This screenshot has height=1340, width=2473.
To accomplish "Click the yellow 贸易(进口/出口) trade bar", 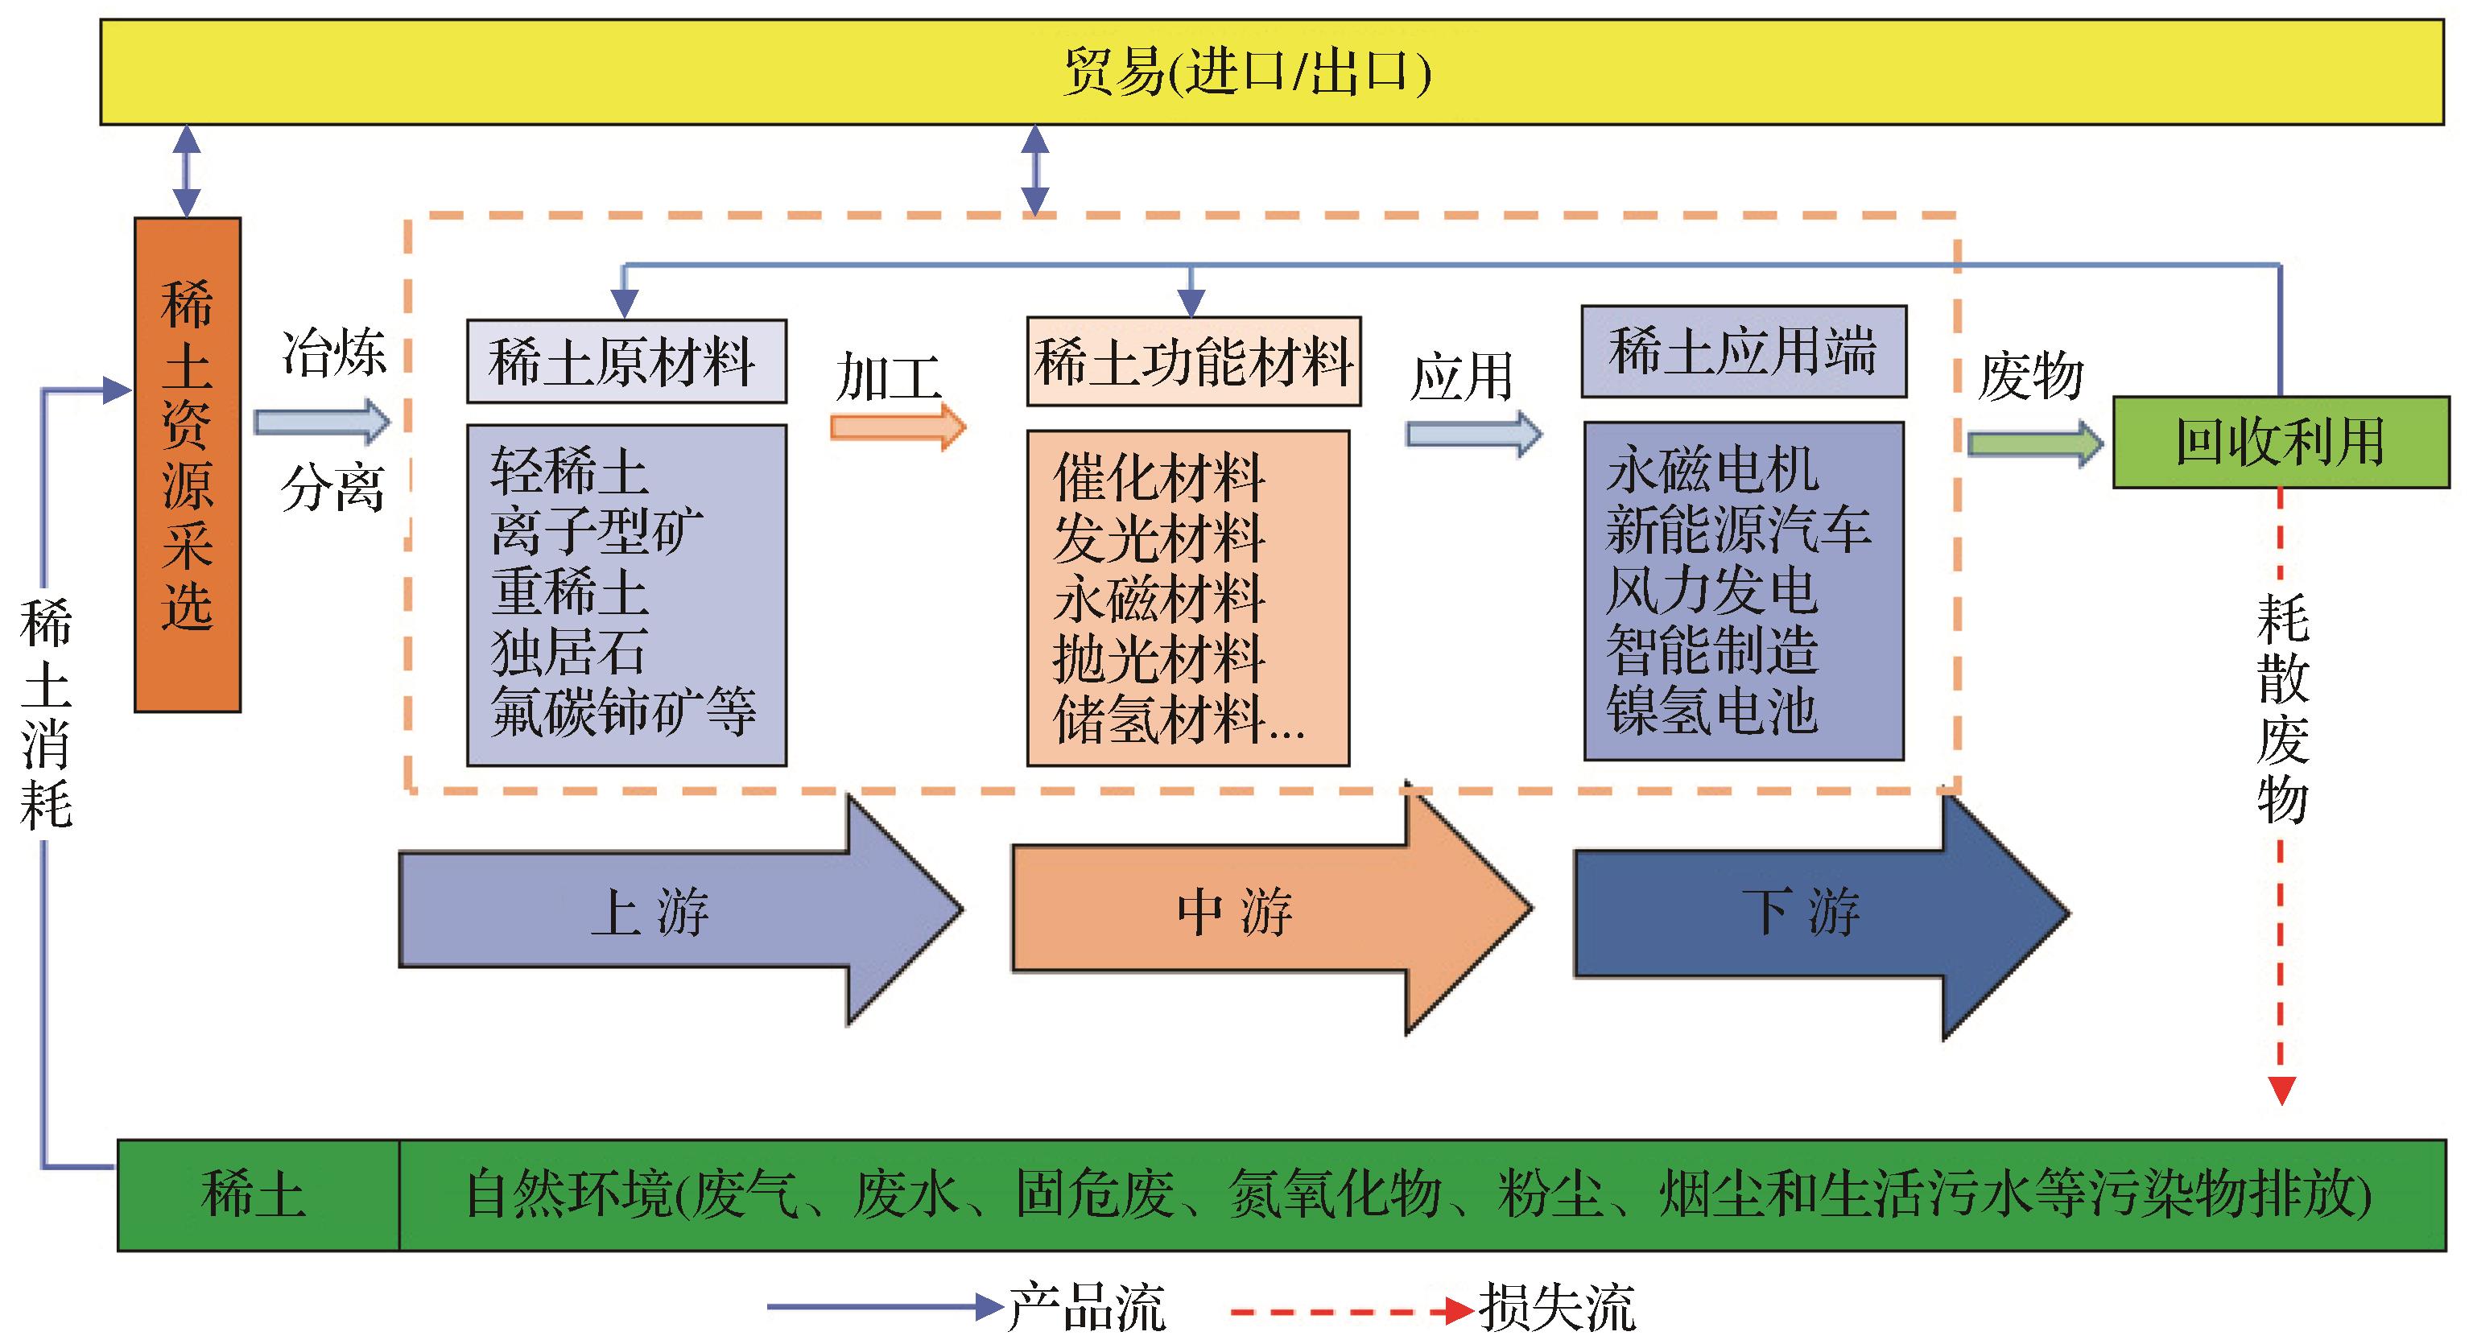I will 1248,72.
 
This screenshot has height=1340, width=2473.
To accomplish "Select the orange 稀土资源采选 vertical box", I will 188,465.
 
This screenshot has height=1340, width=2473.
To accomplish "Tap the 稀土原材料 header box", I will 626,362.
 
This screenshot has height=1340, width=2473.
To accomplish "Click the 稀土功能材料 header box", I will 1193,362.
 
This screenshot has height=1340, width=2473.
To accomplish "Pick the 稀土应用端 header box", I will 1744,352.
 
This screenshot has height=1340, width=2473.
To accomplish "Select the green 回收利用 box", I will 2280,443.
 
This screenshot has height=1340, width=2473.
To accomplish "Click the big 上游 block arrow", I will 672,910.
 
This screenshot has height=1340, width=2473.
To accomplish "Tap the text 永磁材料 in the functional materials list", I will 1158,599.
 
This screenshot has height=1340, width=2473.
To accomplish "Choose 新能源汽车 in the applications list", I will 1739,530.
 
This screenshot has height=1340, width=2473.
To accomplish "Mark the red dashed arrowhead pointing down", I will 2281,1091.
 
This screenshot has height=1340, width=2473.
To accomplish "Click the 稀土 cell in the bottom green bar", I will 255,1195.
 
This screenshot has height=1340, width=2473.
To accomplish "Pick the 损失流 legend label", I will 1556,1307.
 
